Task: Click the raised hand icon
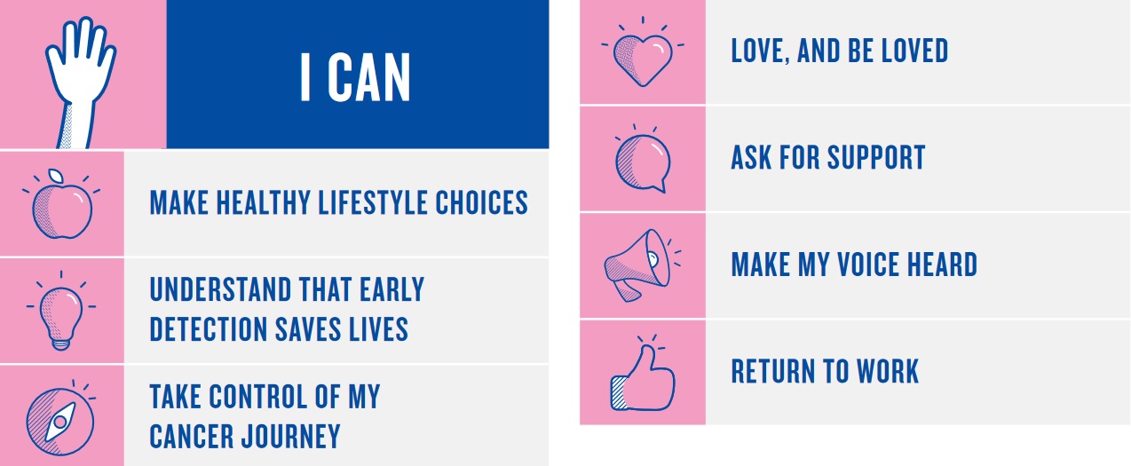[81, 83]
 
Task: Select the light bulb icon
[61, 314]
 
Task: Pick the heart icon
[643, 57]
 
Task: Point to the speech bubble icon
[643, 162]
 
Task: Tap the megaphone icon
[638, 265]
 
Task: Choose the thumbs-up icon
[643, 376]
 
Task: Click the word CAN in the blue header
[369, 78]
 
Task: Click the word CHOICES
[482, 203]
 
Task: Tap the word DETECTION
[209, 329]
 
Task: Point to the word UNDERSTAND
[221, 289]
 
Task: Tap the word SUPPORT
[876, 157]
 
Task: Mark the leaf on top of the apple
[56, 176]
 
